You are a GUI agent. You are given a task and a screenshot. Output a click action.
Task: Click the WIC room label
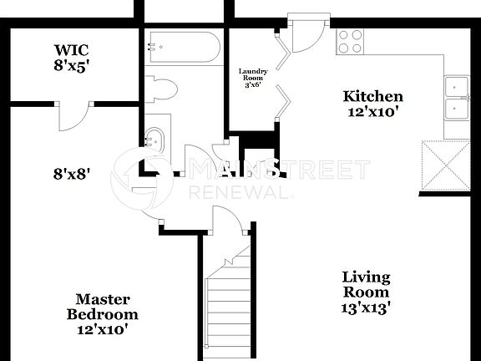pyautogui.click(x=71, y=50)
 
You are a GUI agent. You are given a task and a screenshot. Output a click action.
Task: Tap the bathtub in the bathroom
pyautogui.click(x=183, y=49)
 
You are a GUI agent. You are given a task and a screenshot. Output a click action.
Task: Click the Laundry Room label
pyautogui.click(x=252, y=76)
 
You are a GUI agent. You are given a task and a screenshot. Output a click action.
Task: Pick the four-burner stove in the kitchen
pyautogui.click(x=350, y=40)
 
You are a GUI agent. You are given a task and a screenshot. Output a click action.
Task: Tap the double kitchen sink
pyautogui.click(x=457, y=99)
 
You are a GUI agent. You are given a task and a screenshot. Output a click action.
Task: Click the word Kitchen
pyautogui.click(x=372, y=97)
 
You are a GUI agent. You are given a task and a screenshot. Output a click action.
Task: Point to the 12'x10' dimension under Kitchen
pyautogui.click(x=372, y=111)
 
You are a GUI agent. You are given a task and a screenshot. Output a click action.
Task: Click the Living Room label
pyautogui.click(x=366, y=285)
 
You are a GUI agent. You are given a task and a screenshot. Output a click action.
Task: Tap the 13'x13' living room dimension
pyautogui.click(x=366, y=307)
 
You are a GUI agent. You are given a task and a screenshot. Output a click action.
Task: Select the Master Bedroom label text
pyautogui.click(x=102, y=307)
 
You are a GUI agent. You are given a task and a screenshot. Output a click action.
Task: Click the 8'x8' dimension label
pyautogui.click(x=72, y=175)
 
